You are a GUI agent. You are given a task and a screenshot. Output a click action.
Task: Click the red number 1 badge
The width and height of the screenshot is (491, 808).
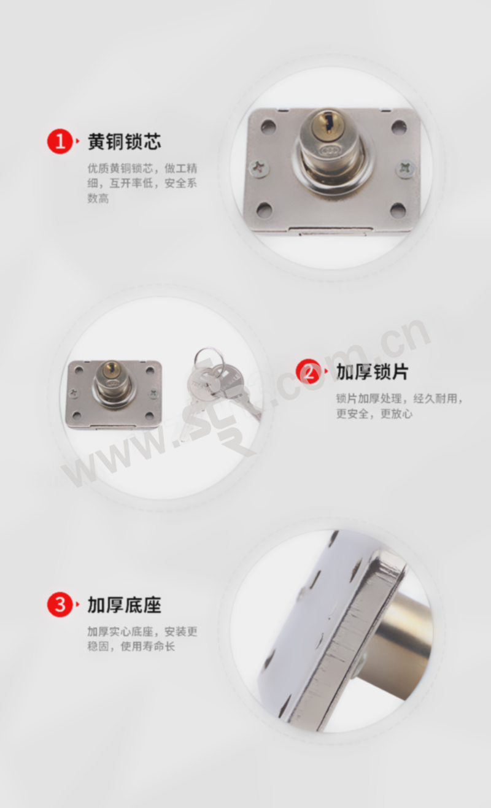tap(60, 141)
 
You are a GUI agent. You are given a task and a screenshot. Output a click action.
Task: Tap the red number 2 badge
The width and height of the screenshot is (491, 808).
tap(309, 372)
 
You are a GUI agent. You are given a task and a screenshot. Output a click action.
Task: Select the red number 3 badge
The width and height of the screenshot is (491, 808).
tap(60, 604)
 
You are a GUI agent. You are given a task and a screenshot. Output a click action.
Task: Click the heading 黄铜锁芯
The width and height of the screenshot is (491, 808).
tap(125, 141)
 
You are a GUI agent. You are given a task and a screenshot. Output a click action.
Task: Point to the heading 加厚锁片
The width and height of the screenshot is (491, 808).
tap(372, 372)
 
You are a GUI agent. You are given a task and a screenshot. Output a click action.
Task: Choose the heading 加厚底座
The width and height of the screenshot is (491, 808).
tap(125, 604)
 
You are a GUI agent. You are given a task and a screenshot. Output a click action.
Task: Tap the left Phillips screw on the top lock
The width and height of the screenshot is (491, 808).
tap(259, 168)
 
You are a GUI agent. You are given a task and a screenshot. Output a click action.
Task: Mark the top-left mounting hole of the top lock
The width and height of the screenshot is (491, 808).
tap(268, 126)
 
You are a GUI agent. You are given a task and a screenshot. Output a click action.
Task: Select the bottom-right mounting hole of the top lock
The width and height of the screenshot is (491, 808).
tap(398, 210)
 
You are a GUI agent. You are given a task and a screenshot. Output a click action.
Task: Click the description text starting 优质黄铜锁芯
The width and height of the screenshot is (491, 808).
tap(142, 183)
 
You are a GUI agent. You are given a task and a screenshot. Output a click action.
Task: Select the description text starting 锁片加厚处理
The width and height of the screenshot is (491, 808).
tap(400, 406)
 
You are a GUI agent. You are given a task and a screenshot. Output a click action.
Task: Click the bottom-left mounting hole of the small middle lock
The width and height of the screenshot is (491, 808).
tap(77, 416)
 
